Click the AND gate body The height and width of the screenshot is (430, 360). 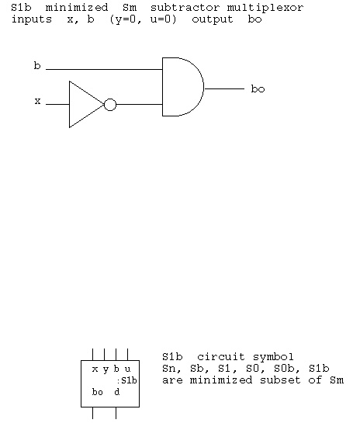[183, 87]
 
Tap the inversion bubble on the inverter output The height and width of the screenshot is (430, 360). [110, 105]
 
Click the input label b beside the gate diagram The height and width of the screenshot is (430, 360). [37, 66]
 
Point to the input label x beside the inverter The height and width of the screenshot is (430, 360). [37, 101]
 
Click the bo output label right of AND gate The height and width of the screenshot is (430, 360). [258, 88]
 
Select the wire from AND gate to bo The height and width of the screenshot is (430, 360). [224, 88]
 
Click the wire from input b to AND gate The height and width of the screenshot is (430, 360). [104, 69]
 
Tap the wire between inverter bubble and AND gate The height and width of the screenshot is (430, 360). [140, 105]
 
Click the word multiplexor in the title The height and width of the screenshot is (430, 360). [265, 8]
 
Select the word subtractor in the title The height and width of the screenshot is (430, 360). [185, 8]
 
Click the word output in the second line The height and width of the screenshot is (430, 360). [213, 19]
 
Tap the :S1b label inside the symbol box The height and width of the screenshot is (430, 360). [127, 380]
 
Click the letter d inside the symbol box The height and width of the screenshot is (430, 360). [117, 392]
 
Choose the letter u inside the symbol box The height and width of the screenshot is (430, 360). [127, 369]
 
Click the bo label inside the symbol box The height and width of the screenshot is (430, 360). [98, 392]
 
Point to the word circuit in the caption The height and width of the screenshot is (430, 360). [221, 357]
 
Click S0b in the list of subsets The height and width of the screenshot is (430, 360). [284, 369]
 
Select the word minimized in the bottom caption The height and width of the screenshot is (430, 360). [220, 380]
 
